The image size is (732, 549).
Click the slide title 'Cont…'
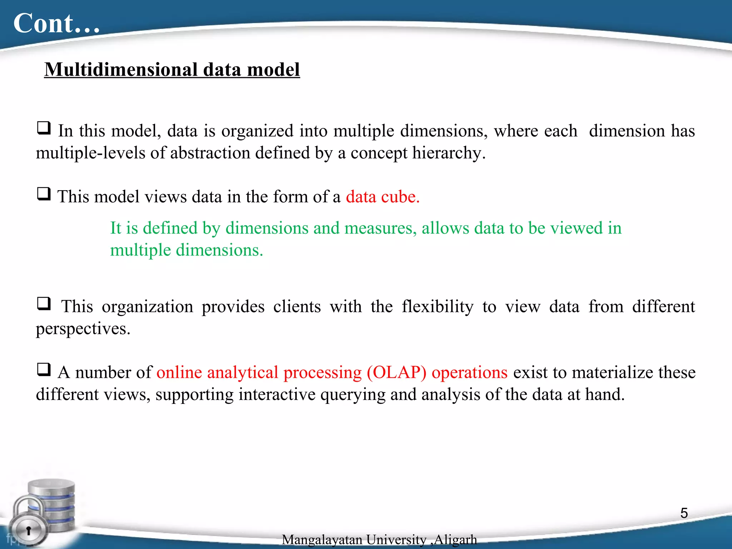(56, 24)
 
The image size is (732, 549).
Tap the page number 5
(684, 513)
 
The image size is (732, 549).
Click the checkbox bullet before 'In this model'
(44, 128)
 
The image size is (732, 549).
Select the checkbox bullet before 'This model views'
(44, 194)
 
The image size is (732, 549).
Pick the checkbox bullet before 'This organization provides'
(44, 303)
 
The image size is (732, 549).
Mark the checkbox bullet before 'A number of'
(44, 369)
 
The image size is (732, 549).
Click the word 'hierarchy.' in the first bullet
(449, 153)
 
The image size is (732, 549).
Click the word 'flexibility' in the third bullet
(437, 307)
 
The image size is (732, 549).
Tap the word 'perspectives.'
(83, 328)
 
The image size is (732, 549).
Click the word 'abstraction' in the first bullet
(210, 153)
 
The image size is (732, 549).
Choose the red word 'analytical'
(242, 372)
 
